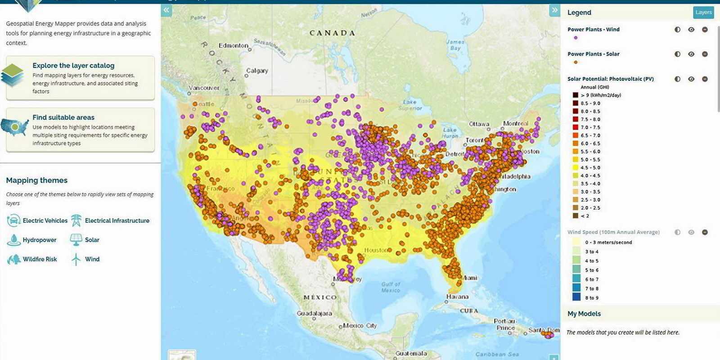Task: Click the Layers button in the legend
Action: [703, 12]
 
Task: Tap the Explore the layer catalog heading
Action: [73, 66]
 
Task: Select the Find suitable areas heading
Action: [63, 117]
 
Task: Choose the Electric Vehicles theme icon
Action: [13, 220]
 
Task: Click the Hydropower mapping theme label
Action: [40, 240]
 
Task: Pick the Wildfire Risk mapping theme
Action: [40, 259]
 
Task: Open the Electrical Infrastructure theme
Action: [117, 220]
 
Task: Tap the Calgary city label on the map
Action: [257, 71]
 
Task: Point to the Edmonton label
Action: [233, 45]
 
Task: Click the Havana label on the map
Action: [457, 297]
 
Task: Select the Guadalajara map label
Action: [314, 313]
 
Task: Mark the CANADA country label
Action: [332, 33]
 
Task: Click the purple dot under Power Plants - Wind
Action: [576, 38]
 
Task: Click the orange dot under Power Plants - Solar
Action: [576, 62]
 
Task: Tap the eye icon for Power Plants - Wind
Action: [691, 30]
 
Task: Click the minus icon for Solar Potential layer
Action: [705, 79]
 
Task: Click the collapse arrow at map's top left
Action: [166, 10]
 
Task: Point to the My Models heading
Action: [584, 314]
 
